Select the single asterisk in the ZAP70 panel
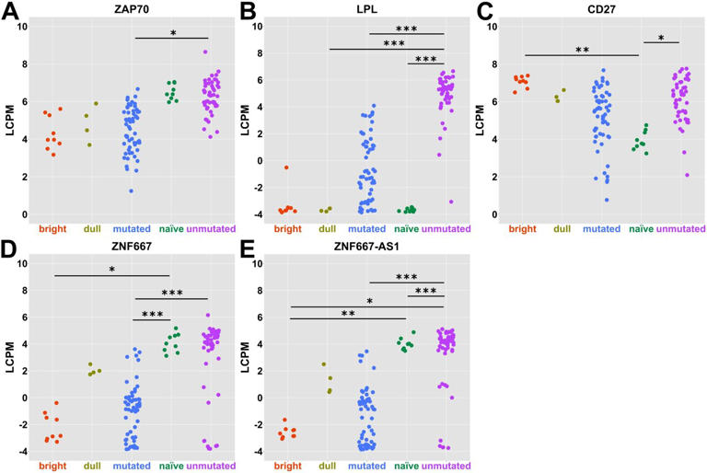coord(174,32)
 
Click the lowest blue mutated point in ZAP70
coord(132,190)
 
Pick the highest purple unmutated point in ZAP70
coord(205,52)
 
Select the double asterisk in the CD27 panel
coord(580,50)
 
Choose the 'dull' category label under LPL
coord(325,228)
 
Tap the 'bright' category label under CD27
coord(520,228)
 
